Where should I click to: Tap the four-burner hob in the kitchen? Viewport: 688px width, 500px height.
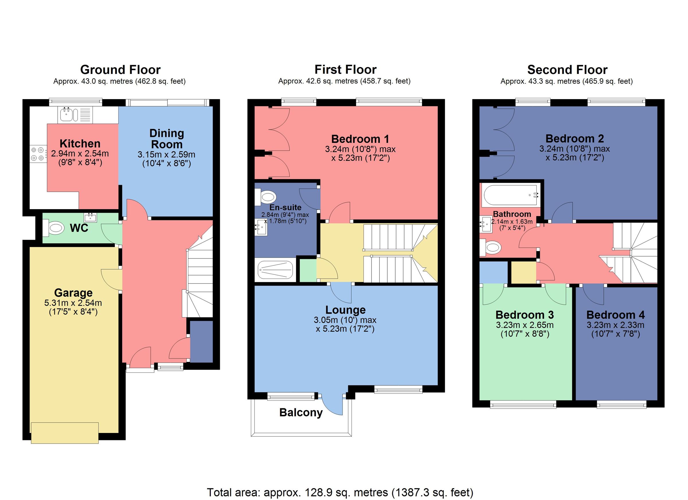(x=38, y=154)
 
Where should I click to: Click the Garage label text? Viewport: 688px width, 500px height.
(x=73, y=293)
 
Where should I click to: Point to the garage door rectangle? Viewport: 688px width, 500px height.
(x=64, y=433)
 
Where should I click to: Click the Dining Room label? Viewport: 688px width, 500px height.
(x=167, y=139)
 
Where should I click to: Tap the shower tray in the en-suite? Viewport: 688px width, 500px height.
(x=275, y=270)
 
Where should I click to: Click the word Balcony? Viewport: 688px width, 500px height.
(x=301, y=413)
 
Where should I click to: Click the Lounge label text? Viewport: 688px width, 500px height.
(x=345, y=310)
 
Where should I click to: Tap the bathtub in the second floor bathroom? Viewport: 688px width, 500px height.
(x=511, y=195)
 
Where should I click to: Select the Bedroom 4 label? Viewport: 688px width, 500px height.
(x=615, y=315)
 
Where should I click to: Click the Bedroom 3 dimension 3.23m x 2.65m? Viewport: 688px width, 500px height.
(x=525, y=325)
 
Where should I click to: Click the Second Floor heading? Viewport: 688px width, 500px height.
(x=567, y=70)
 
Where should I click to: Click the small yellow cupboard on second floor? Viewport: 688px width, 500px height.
(x=523, y=272)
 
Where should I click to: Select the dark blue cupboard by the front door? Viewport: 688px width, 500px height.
(x=201, y=342)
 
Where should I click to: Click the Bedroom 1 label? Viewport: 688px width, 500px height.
(x=360, y=139)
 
